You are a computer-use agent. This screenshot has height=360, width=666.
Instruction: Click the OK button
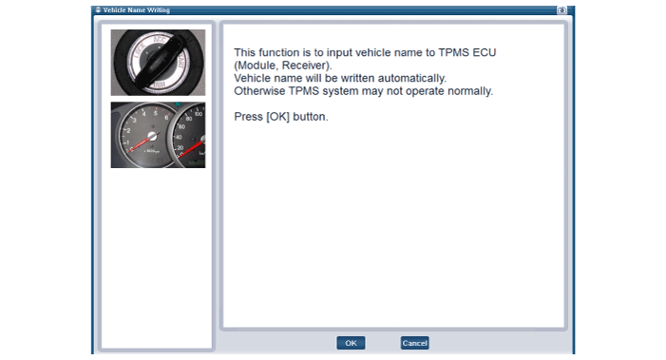[351, 343]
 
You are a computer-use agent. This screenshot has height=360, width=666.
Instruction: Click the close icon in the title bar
[561, 10]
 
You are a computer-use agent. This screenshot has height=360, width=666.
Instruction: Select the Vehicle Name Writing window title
[137, 10]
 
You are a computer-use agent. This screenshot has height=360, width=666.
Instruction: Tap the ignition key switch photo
[158, 63]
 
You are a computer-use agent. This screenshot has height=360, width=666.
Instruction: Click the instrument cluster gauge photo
[158, 135]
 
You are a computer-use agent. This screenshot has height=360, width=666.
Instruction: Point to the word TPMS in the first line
[451, 52]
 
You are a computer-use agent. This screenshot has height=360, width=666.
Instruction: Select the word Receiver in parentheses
[305, 66]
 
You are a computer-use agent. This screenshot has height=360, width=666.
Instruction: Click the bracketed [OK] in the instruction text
[277, 117]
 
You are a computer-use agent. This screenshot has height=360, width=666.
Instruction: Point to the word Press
[249, 117]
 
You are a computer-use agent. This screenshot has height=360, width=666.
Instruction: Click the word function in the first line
[279, 52]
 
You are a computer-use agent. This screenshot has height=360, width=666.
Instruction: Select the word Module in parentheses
[257, 66]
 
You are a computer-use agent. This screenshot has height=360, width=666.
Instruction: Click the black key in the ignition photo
[158, 62]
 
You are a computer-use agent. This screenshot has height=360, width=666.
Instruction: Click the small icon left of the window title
[98, 9]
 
